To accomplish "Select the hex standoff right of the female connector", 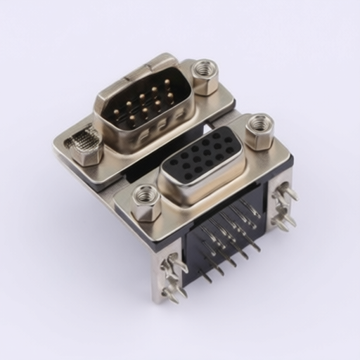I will pyautogui.click(x=259, y=131).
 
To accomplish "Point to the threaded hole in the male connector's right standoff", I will pyautogui.click(x=205, y=69).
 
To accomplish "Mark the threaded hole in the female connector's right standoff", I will pyautogui.click(x=260, y=123).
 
